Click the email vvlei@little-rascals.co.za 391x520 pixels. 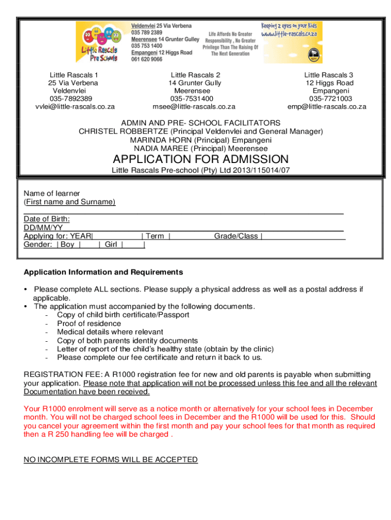coord(75,107)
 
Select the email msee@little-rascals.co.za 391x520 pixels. coord(195,107)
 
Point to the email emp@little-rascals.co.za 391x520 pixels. coord(327,107)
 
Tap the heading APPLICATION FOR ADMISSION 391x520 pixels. coord(201,159)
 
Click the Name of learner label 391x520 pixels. coord(52,193)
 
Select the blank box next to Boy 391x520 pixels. coord(88,245)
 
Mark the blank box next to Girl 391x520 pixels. coord(134,245)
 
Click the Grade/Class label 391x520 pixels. coord(236,236)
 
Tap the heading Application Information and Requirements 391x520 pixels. coord(104,272)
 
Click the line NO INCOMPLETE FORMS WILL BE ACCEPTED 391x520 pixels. coord(111,460)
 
